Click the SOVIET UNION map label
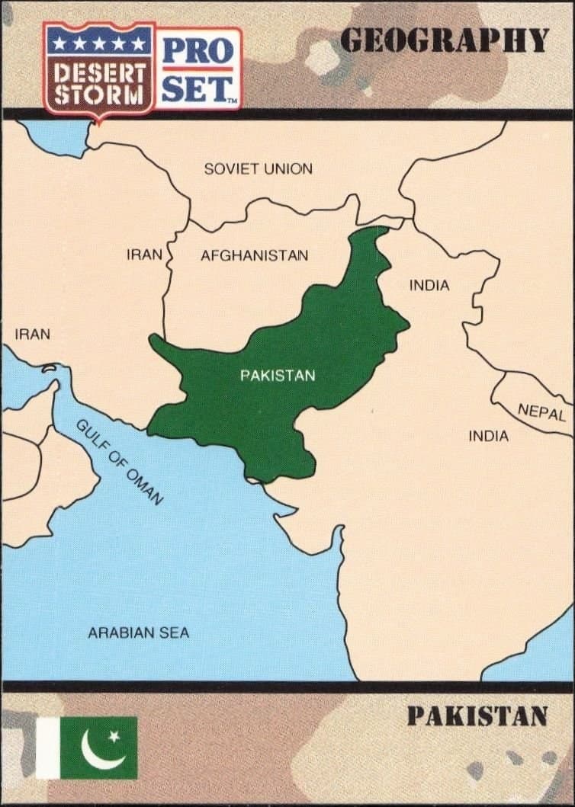258,169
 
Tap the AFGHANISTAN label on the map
254,256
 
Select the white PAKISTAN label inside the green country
277,376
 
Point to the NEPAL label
541,412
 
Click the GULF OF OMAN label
119,463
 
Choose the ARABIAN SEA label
138,632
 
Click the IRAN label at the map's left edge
32,334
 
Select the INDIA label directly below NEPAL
488,437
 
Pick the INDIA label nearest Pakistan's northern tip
429,286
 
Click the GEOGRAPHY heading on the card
444,40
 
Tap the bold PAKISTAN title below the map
477,716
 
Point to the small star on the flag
114,736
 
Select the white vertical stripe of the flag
47,748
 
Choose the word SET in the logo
197,90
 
